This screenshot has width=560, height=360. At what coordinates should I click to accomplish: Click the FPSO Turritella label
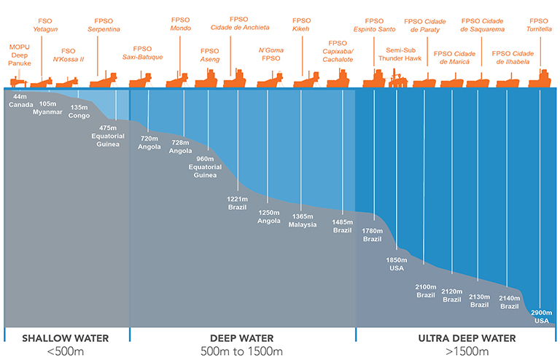click(539, 25)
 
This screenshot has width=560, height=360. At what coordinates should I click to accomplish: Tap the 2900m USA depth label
click(542, 316)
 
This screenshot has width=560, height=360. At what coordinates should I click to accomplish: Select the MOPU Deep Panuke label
click(20, 55)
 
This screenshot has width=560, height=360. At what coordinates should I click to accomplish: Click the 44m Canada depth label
click(20, 101)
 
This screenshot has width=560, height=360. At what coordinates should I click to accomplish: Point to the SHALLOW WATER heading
click(66, 338)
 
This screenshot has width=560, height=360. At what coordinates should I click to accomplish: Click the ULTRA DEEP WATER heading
click(467, 338)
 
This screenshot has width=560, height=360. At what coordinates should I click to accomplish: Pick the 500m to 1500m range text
click(241, 351)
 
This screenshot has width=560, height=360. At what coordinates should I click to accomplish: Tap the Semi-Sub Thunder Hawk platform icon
click(397, 78)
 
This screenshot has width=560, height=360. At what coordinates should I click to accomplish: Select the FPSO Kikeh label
click(301, 25)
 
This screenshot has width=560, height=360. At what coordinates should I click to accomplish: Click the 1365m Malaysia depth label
click(303, 221)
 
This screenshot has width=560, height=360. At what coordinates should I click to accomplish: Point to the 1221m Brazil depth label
click(237, 203)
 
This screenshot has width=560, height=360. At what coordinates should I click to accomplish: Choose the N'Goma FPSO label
click(271, 54)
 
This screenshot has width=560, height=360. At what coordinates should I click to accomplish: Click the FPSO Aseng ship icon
click(206, 79)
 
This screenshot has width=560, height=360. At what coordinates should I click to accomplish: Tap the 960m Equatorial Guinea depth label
click(205, 167)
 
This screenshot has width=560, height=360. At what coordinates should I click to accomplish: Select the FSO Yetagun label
click(45, 25)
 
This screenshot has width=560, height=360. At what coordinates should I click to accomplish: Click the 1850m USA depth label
click(397, 264)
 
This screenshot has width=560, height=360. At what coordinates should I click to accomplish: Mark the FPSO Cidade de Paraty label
click(424, 26)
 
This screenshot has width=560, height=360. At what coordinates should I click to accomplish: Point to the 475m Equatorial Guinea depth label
click(108, 136)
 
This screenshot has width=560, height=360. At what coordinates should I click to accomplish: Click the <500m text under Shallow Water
click(66, 351)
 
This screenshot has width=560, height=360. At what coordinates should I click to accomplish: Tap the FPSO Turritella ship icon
click(540, 79)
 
